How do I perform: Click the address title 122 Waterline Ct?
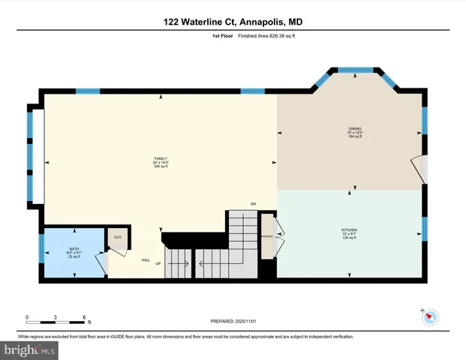tap(233, 22)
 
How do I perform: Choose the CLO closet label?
tap(118, 238)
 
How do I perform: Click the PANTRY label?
tap(267, 234)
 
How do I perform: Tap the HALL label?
tap(146, 260)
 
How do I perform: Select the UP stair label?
tap(158, 264)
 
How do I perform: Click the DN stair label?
tap(254, 203)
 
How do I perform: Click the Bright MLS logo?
tap(29, 349)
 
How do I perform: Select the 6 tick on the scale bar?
tap(84, 317)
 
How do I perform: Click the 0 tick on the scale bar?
tap(27, 317)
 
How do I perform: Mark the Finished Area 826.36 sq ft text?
tap(251, 35)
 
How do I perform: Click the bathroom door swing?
tap(100, 262)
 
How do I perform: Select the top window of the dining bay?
tap(357, 70)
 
